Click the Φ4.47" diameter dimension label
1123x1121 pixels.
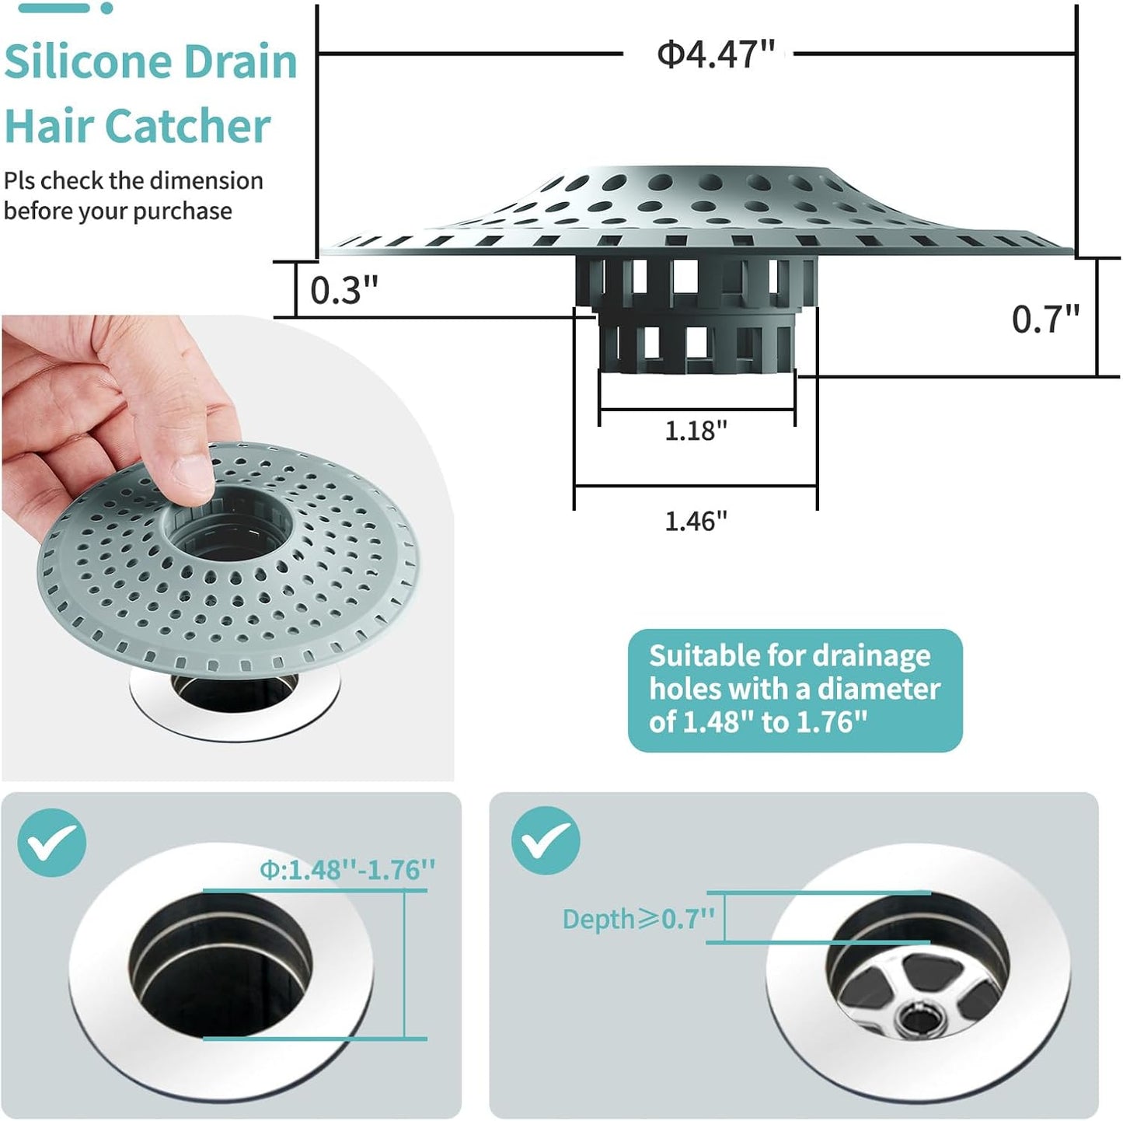pos(716,54)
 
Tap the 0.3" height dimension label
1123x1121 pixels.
pos(344,291)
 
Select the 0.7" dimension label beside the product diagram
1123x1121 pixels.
pos(1045,320)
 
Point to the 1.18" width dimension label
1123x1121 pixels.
pos(696,431)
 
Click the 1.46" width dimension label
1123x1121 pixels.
pos(696,521)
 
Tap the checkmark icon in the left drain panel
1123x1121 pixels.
pos(51,843)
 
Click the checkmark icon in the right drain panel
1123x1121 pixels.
pos(546,840)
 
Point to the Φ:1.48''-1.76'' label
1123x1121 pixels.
pos(347,869)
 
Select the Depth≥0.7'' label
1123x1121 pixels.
pos(638,919)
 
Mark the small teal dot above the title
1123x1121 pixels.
pos(107,8)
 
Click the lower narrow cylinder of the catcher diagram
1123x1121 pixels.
pos(696,342)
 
